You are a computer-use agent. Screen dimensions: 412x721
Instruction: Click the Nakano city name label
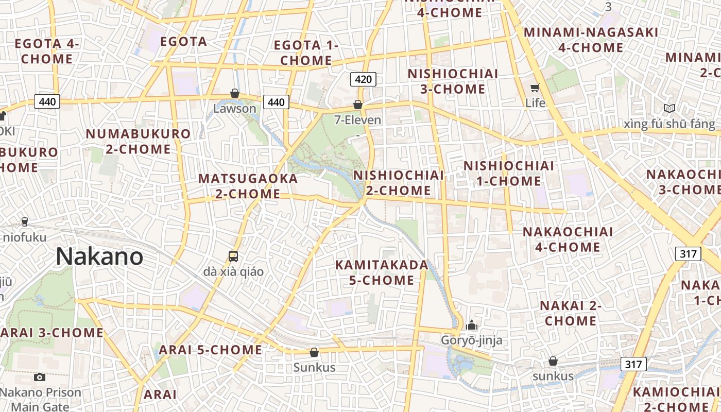(99, 256)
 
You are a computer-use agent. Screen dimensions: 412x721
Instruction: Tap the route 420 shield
(363, 79)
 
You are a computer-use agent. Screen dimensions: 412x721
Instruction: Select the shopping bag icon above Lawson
(235, 93)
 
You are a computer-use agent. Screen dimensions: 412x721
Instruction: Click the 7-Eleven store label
(358, 121)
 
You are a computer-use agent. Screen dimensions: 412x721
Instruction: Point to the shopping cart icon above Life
(535, 88)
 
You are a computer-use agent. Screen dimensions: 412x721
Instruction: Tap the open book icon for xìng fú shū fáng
(669, 108)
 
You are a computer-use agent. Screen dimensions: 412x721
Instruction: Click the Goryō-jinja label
(471, 340)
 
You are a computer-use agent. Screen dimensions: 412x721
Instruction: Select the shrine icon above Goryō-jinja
(471, 325)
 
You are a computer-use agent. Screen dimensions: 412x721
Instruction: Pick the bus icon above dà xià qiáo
(233, 256)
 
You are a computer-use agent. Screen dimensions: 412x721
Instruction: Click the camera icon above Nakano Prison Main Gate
(40, 377)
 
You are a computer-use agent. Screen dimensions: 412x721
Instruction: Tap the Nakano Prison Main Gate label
(40, 400)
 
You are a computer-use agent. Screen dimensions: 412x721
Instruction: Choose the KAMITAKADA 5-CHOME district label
(381, 273)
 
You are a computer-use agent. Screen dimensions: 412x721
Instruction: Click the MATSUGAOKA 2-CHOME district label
(248, 186)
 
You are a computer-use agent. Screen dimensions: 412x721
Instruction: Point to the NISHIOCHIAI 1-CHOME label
(509, 174)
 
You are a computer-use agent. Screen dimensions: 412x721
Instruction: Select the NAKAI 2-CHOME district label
(571, 313)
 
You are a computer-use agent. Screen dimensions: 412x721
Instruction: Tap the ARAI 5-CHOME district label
(210, 350)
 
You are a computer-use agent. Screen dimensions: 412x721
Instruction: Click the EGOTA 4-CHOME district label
(47, 51)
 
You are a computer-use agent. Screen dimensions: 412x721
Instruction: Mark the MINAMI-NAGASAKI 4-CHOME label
(591, 40)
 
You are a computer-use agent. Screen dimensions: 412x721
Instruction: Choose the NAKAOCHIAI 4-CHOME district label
(568, 239)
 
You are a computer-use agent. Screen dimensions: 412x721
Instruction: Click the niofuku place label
(25, 237)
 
